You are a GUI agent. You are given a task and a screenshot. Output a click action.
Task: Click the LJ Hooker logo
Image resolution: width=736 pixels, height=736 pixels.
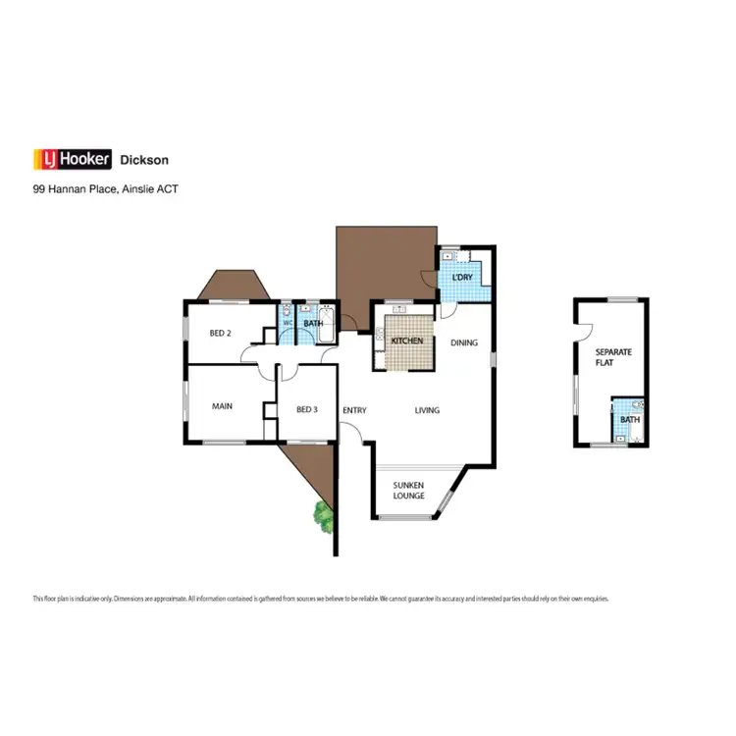(71, 159)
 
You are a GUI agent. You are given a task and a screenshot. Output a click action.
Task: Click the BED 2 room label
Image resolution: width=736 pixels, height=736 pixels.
(221, 332)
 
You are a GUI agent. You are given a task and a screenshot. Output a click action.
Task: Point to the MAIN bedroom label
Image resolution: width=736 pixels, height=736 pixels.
(222, 406)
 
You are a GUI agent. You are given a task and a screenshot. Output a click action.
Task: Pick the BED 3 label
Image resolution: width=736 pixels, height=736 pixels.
(306, 409)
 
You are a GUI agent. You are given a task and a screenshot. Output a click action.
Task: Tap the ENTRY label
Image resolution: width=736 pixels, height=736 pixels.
(353, 409)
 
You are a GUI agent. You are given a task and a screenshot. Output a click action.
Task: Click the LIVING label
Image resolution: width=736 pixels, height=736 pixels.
(427, 410)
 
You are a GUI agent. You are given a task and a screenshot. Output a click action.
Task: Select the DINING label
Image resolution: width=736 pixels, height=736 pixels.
(464, 342)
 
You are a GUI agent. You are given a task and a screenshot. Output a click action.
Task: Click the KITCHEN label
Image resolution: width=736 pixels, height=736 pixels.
(407, 342)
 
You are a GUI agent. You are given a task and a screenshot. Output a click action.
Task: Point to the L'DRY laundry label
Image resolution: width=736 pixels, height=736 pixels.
(461, 278)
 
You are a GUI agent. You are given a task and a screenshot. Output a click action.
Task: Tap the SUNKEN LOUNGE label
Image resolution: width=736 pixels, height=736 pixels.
(408, 490)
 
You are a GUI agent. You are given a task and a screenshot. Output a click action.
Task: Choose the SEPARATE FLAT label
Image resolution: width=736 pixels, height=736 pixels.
(610, 356)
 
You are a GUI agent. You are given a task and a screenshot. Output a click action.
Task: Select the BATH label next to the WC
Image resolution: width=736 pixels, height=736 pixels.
(313, 323)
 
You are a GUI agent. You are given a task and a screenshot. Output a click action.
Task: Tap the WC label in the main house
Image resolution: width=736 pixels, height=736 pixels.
(289, 323)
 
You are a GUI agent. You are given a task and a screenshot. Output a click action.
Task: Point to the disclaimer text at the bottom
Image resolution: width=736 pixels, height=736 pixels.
(321, 598)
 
